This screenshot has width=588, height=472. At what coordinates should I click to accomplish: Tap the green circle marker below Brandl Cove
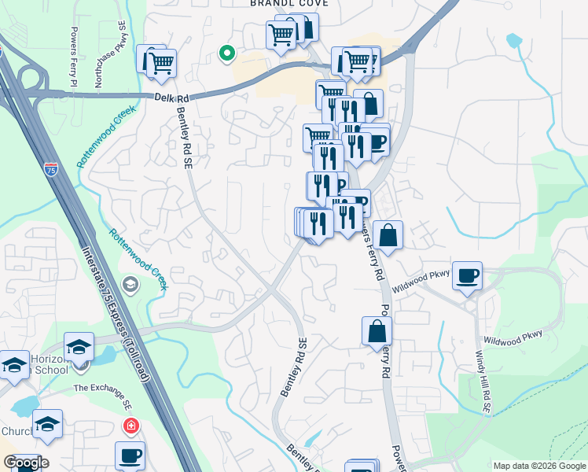coord(227,53)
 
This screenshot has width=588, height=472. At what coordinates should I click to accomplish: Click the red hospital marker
coord(130,426)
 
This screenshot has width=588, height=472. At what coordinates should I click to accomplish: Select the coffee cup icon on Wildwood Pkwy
coord(467,275)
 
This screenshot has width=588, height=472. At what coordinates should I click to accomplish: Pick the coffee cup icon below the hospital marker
coord(130,455)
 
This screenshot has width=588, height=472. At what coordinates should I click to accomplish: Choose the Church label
coord(16,431)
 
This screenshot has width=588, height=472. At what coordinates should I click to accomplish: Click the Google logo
coord(25,463)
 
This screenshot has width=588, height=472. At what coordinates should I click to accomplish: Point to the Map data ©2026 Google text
coord(538,466)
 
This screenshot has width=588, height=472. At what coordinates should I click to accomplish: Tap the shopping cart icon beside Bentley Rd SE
coord(161,63)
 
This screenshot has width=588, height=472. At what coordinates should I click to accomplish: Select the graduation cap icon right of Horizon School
coord(79,346)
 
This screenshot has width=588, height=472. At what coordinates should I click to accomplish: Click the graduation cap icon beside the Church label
coord(47,425)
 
